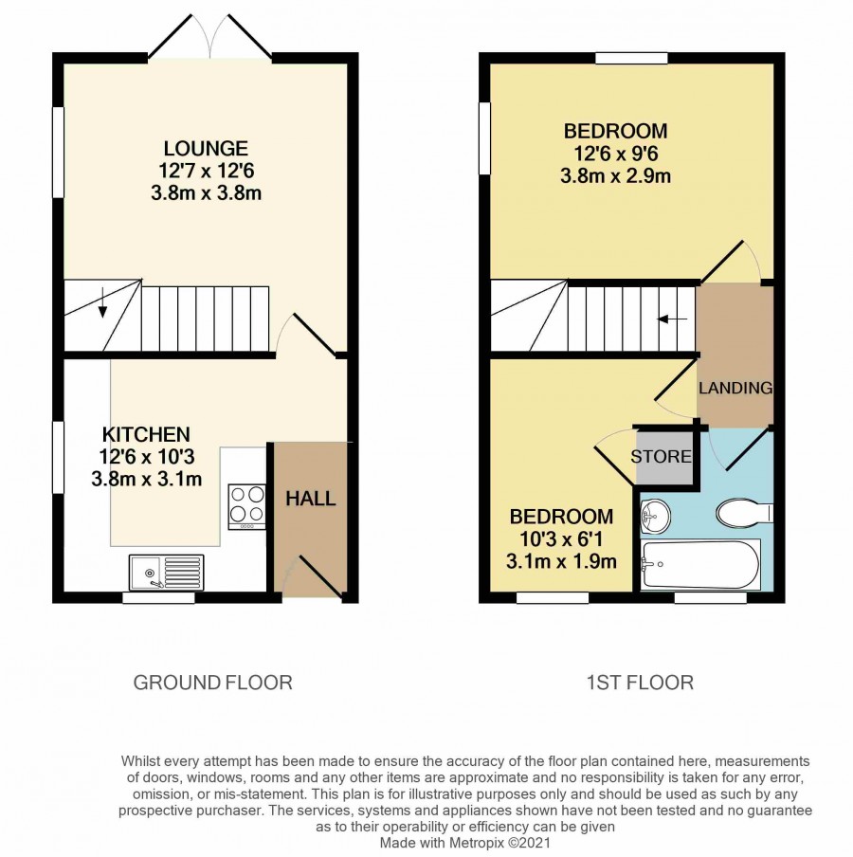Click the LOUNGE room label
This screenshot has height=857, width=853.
[206, 148]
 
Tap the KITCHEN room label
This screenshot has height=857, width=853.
[147, 434]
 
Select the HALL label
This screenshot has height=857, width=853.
[311, 499]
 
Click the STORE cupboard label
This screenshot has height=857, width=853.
[662, 456]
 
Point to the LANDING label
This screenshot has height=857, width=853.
[735, 388]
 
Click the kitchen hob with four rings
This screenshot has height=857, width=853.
[247, 506]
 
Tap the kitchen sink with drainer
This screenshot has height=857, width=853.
[166, 573]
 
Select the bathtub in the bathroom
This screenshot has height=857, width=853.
[700, 565]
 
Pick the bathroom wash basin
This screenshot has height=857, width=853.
[655, 516]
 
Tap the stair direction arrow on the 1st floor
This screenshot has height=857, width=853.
[672, 319]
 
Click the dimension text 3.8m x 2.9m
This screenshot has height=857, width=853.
[615, 176]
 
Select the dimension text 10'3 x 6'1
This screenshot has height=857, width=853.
[561, 539]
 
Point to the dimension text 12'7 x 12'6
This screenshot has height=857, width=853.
[207, 171]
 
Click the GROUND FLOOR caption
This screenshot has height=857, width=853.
[213, 683]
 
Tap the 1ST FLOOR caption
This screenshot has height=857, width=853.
[640, 683]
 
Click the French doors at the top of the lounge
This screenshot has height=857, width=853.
[209, 36]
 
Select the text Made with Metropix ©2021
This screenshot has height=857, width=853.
[465, 843]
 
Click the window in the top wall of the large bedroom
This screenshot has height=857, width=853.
[631, 58]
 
